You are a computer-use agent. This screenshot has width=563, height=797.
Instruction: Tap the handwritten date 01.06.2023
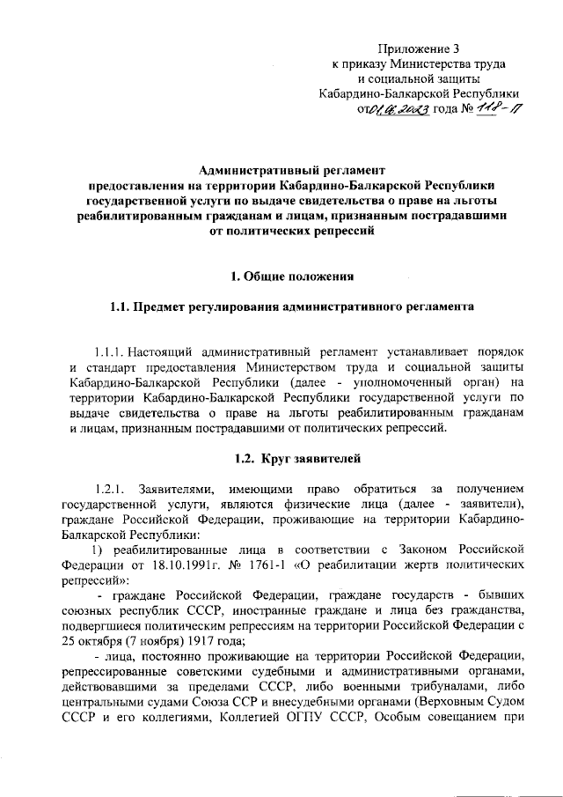click(399, 109)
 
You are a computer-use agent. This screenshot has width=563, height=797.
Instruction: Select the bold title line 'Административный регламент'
click(292, 171)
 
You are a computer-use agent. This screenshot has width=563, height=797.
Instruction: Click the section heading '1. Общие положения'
click(292, 277)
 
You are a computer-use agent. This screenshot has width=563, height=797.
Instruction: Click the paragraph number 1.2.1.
click(113, 488)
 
